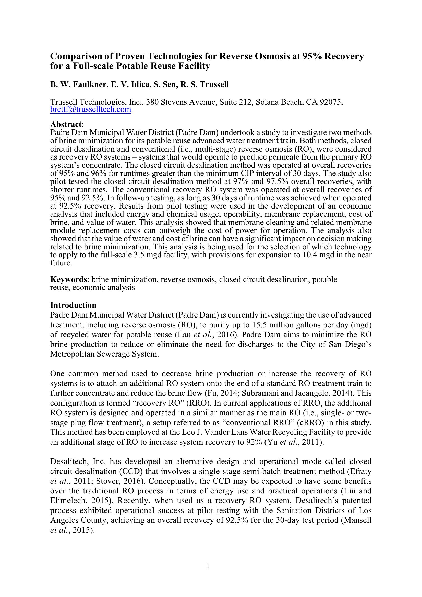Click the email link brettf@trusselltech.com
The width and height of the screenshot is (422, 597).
[90, 109]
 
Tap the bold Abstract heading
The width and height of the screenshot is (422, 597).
[66, 124]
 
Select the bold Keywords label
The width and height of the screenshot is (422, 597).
[68, 279]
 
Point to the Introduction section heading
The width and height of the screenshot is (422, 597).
[73, 305]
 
